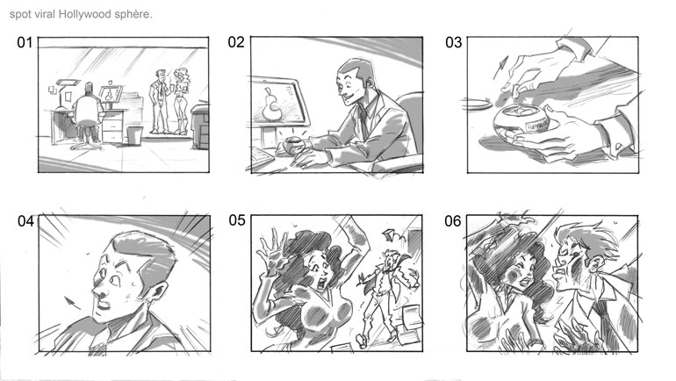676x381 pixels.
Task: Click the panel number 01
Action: (x=25, y=43)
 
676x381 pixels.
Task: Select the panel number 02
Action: (x=236, y=42)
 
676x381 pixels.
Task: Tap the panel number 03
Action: (x=453, y=43)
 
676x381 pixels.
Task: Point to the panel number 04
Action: (x=25, y=221)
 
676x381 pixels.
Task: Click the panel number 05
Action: (x=237, y=220)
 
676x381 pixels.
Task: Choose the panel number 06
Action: (x=453, y=221)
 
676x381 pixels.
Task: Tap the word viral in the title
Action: (x=45, y=14)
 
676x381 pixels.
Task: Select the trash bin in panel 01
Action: (x=134, y=135)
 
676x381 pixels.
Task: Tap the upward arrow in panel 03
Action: (x=501, y=67)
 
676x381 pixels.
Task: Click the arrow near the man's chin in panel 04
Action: (x=72, y=302)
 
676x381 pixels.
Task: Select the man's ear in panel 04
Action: (x=157, y=292)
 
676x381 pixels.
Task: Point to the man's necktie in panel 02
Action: (x=363, y=124)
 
